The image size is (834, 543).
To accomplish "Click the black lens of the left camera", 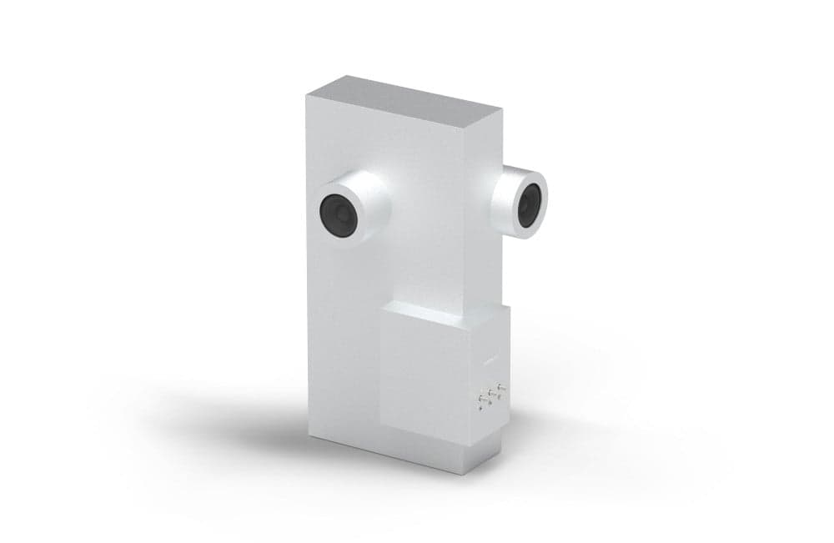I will coord(339,215).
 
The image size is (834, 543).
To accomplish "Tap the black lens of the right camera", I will coord(529,204).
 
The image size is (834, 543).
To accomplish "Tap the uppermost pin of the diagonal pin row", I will coord(500,387).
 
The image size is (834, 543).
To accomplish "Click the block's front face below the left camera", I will coord(342,334).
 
